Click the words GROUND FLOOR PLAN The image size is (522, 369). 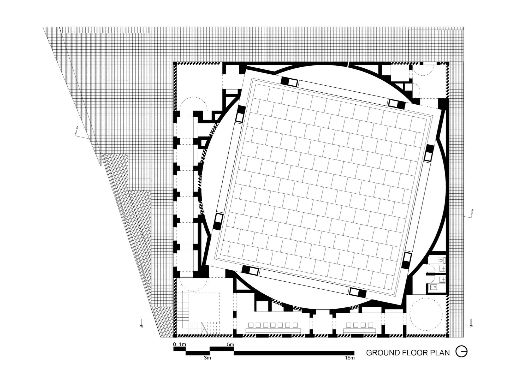click(x=408, y=353)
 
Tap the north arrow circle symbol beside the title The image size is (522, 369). click(x=461, y=352)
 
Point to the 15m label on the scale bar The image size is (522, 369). click(x=350, y=358)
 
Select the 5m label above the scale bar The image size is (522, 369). click(x=230, y=344)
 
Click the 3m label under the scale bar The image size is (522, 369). click(x=207, y=358)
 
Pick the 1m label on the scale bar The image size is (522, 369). click(x=182, y=344)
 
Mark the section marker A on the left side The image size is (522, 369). click(x=77, y=128)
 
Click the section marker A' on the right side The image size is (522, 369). click(x=473, y=210)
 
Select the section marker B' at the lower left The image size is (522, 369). click(x=141, y=326)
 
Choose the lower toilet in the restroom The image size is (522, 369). click(x=434, y=287)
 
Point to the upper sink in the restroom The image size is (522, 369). click(x=442, y=268)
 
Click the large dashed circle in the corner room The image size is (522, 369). click(x=426, y=314)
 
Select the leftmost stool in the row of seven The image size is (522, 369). click(x=251, y=325)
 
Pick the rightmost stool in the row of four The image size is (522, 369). click(x=370, y=325)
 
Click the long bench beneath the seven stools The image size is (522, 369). click(x=273, y=331)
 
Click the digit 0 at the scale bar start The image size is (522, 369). click(x=175, y=344)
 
